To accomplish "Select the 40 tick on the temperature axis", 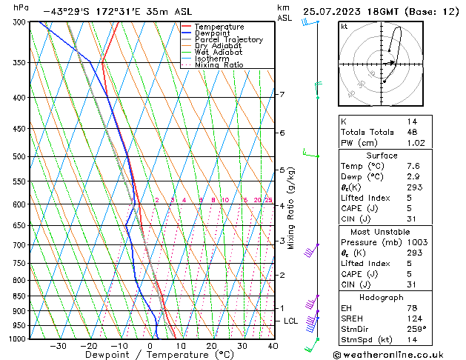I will point(273,346).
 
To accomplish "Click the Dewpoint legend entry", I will point(213,33).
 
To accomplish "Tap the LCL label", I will point(290,321).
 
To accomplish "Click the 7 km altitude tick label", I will point(282,94).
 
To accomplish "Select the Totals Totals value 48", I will point(412,132).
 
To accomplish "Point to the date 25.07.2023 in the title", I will point(337,12).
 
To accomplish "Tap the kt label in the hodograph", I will point(344,26).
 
